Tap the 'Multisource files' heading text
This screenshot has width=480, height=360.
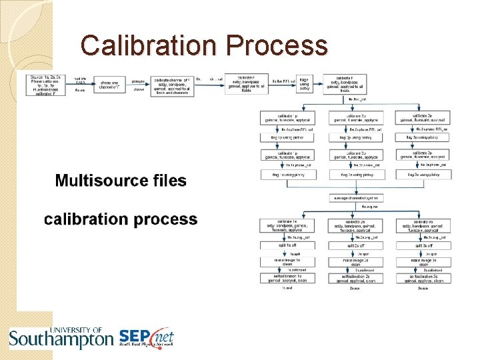point(121,181)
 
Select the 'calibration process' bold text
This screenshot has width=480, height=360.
point(121,219)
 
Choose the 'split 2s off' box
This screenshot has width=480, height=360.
point(356,246)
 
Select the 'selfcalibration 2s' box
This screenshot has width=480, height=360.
point(356,278)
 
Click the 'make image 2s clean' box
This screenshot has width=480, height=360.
point(356,262)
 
